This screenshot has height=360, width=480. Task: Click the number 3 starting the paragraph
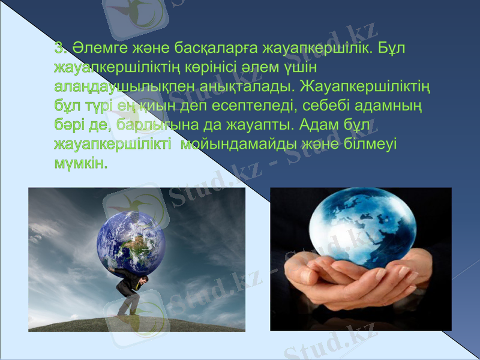(58, 47)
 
